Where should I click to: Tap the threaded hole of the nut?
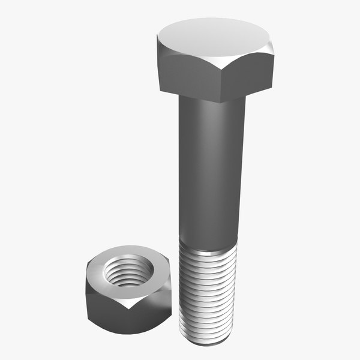coord(127,270)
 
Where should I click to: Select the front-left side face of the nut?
coord(105,306)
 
